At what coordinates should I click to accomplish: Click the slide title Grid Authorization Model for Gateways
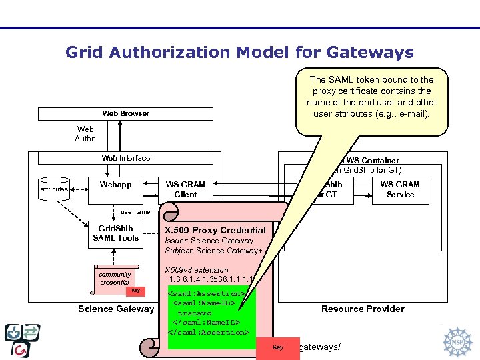tap(239, 52)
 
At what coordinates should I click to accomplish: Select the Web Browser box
tap(125, 113)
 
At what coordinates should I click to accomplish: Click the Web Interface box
tap(125, 158)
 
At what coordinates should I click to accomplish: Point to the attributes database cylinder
tap(53, 189)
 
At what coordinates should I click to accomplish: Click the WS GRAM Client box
tap(185, 189)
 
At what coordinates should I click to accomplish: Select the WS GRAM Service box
tap(400, 189)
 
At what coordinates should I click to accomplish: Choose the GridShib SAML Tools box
tap(115, 233)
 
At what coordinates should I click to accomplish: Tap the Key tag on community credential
tap(135, 290)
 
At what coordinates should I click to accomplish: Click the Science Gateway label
tap(115, 309)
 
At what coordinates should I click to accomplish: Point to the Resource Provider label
tap(363, 309)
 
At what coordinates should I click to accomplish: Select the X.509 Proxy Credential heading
tap(215, 230)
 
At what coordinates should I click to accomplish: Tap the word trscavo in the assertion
tap(194, 313)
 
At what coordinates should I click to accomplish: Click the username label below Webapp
tap(135, 211)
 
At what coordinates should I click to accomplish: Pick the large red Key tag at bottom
tap(278, 347)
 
